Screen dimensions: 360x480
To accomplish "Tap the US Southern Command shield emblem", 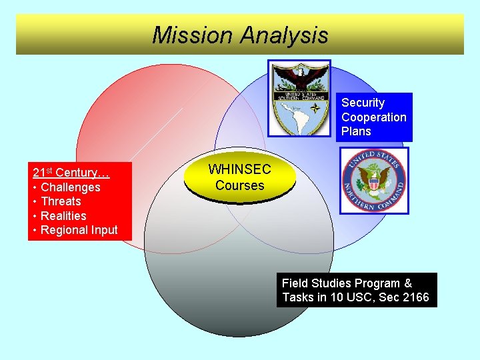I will (299, 97).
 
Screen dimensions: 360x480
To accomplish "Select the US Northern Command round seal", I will (373, 180).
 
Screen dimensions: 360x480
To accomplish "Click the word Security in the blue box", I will (363, 103).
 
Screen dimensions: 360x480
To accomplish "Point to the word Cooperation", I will (373, 117).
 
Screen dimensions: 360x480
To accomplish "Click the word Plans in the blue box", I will (356, 131).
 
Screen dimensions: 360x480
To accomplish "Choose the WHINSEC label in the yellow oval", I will (239, 171).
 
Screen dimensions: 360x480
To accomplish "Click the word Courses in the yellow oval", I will (239, 185).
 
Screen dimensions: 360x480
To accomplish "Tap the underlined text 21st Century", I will (71, 173).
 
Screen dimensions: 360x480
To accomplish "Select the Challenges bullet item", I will (70, 187).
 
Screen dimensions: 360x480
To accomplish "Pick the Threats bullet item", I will (61, 201).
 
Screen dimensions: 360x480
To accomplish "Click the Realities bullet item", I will (63, 216).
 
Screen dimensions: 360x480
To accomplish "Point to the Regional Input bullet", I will (79, 230).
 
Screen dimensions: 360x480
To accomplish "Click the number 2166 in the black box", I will (415, 297).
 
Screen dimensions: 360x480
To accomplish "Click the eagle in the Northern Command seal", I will (374, 178).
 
